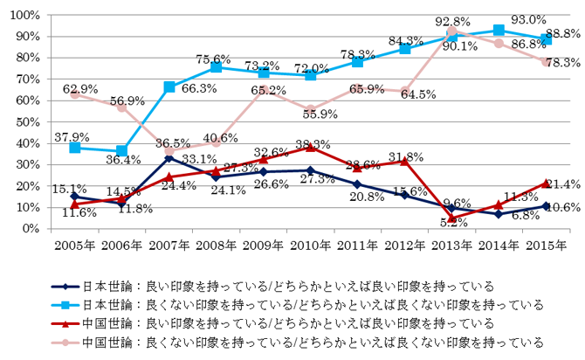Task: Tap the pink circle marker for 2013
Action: tap(452, 31)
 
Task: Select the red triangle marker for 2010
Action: tap(311, 147)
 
